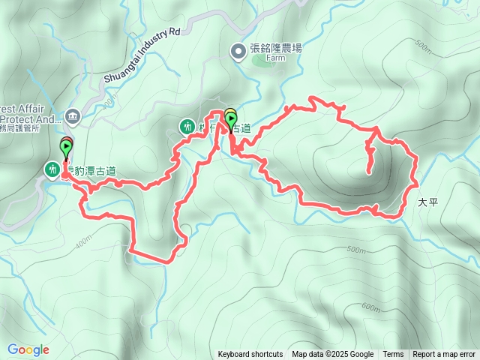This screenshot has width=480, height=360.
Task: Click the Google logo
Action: pyautogui.click(x=28, y=349)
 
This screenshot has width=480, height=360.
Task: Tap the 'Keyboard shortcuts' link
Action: pyautogui.click(x=250, y=355)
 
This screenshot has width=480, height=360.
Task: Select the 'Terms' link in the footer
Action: pyautogui.click(x=393, y=355)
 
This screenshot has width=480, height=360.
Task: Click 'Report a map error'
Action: pyautogui.click(x=444, y=355)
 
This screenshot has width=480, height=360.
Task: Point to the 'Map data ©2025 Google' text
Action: pyautogui.click(x=333, y=355)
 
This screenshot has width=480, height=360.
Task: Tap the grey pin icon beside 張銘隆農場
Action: pyautogui.click(x=237, y=51)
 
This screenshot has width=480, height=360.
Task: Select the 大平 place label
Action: pyautogui.click(x=427, y=202)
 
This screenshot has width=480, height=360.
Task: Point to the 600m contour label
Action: pyautogui.click(x=370, y=307)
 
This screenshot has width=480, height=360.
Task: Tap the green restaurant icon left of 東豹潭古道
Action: pyautogui.click(x=52, y=169)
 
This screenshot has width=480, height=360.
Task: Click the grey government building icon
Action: pyautogui.click(x=73, y=115)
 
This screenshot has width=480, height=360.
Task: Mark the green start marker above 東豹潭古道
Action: pyautogui.click(x=66, y=148)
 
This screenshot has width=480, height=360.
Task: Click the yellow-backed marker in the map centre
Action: pyautogui.click(x=230, y=117)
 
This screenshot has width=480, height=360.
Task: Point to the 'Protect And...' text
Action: pyautogui.click(x=30, y=118)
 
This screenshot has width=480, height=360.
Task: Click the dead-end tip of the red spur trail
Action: pyautogui.click(x=369, y=173)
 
